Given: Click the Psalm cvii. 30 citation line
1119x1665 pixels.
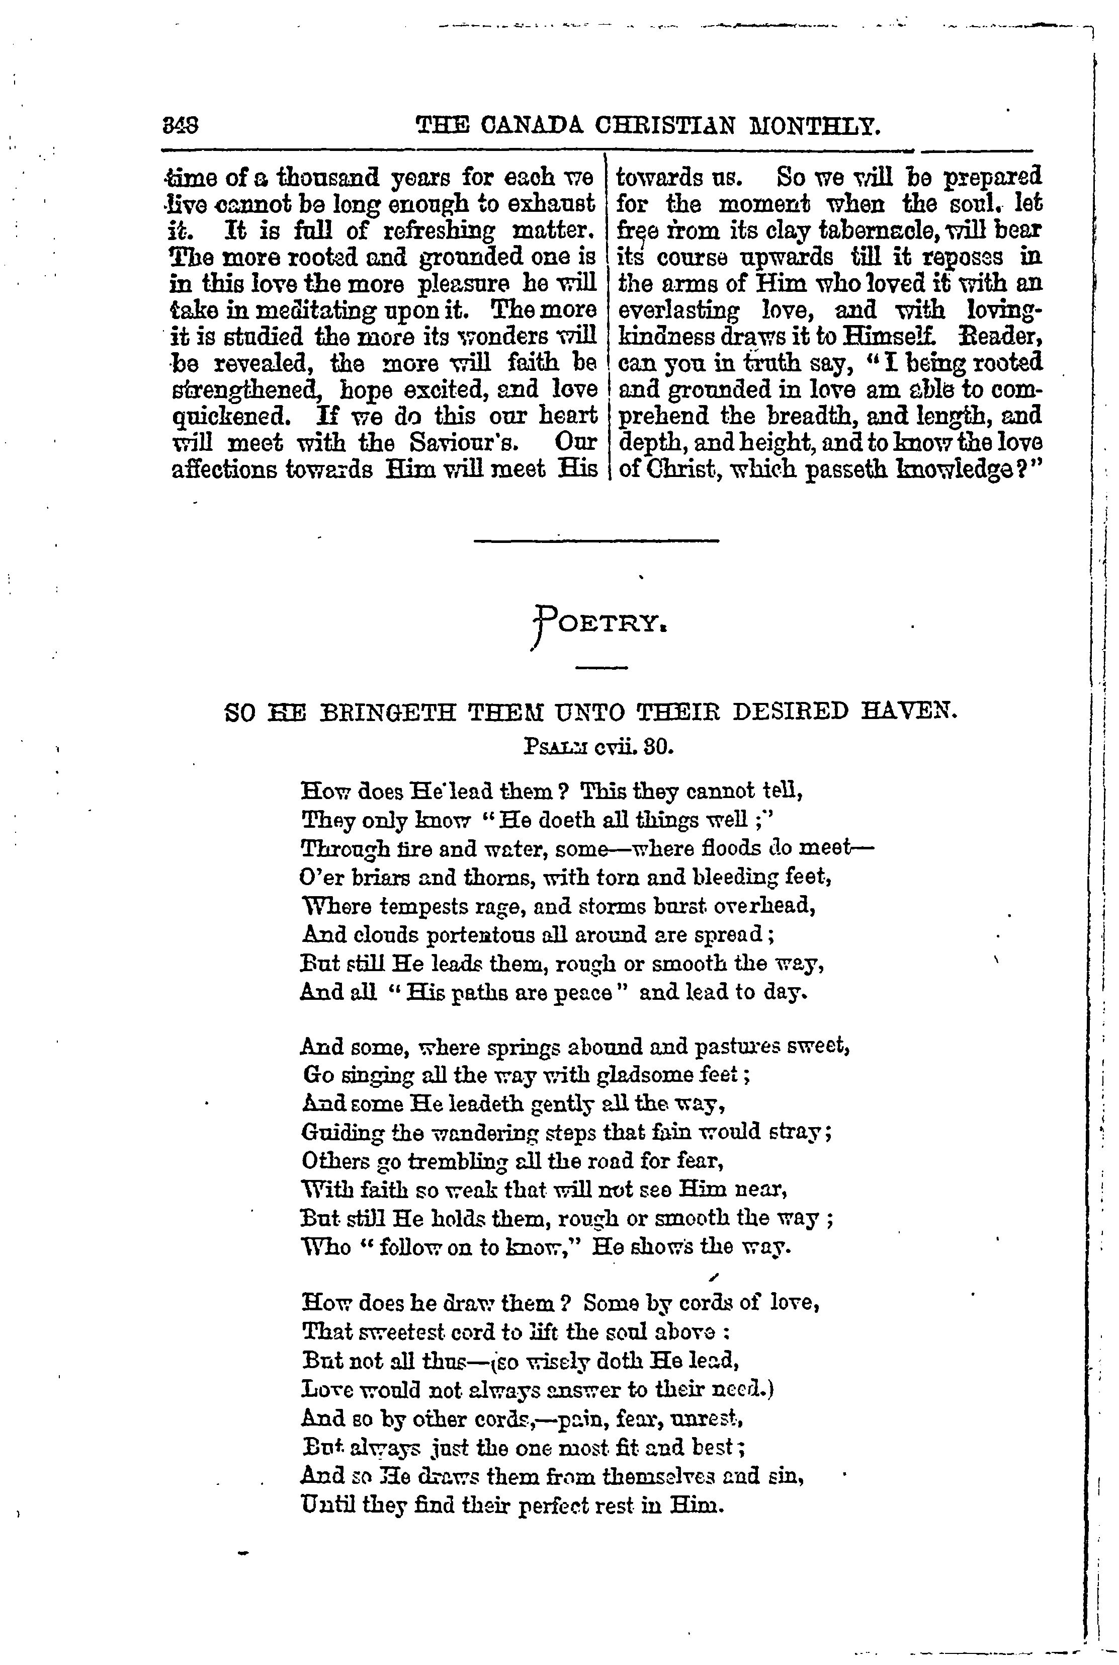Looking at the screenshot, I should tap(598, 748).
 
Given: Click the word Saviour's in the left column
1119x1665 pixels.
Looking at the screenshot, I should tap(463, 443).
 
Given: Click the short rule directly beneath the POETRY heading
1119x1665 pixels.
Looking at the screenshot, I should tap(601, 668).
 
